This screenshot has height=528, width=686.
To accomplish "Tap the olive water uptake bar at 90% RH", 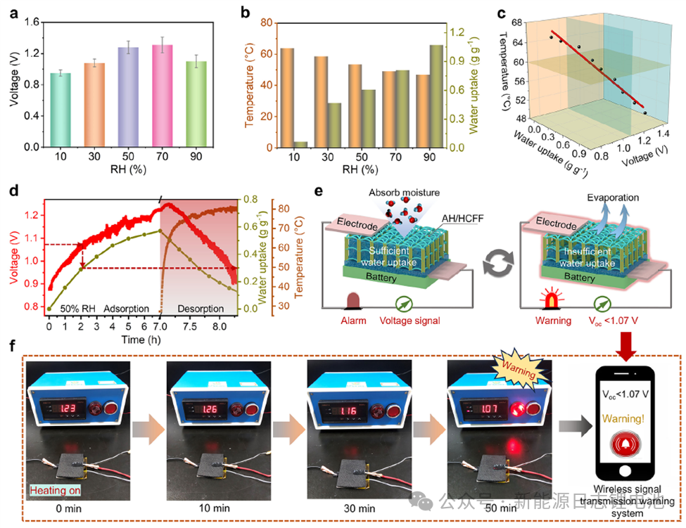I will coord(436,96).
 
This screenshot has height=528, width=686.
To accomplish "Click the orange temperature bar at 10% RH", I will coord(287,98).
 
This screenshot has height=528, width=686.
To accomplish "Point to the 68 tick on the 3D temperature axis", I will coord(524,23).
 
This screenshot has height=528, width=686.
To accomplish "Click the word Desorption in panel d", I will coord(201,309).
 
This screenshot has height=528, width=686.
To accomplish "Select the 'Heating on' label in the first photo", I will coord(50,491).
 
